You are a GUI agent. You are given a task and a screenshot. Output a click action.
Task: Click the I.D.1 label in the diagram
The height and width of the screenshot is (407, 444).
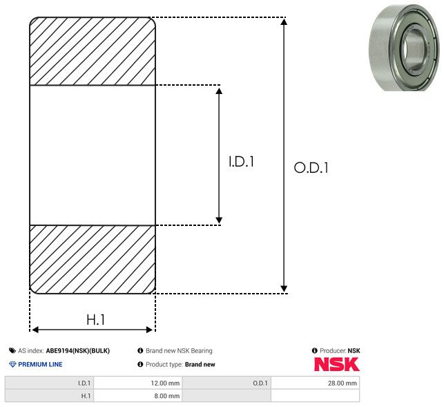click(241, 162)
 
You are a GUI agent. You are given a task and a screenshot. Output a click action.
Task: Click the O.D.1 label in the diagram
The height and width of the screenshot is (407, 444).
click(311, 167)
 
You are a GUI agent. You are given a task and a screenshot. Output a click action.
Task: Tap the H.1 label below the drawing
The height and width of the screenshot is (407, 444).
click(95, 320)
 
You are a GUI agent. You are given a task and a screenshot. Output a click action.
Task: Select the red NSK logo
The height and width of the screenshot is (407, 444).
click(337, 364)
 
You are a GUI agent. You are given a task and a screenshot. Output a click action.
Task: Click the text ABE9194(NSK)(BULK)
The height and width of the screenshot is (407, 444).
click(78, 351)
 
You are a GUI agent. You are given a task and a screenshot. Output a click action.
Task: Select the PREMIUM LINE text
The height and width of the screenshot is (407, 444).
click(40, 364)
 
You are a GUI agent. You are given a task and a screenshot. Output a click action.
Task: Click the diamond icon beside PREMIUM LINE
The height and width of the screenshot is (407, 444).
click(12, 364)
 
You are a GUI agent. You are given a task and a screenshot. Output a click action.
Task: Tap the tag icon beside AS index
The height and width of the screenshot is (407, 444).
click(12, 351)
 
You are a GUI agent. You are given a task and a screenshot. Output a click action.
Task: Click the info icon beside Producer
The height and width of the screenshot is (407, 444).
click(315, 350)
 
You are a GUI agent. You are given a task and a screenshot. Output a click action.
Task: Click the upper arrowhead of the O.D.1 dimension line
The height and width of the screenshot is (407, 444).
click(284, 21)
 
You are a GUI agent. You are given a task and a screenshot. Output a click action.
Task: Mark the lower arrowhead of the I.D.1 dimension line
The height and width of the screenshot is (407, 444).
click(219, 220)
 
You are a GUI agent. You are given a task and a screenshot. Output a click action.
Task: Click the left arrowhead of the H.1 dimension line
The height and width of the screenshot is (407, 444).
click(35, 330)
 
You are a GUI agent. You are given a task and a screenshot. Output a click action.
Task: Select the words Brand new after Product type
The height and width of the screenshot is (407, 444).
click(200, 364)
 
